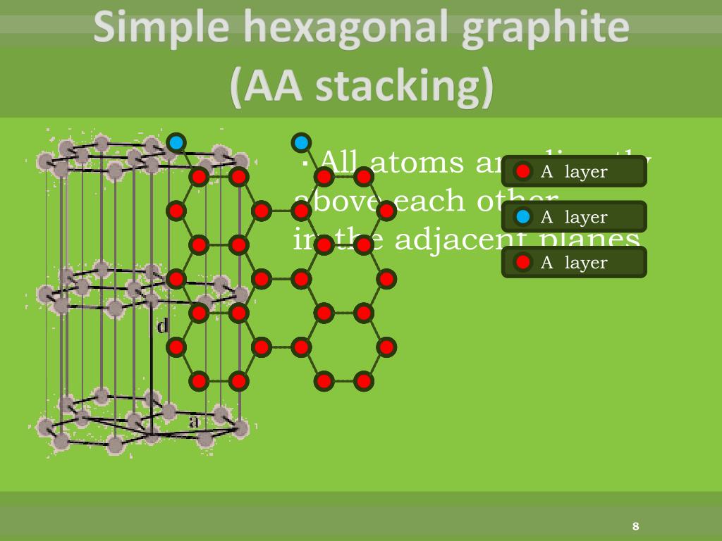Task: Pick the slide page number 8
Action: point(635,526)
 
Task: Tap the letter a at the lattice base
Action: point(195,421)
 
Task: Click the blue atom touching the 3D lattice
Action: point(176,143)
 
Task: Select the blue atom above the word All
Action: point(301,143)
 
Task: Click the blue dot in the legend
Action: point(522,217)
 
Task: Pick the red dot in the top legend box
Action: point(522,171)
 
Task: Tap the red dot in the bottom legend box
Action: point(522,262)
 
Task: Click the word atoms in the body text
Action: point(417,163)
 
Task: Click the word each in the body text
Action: point(422,201)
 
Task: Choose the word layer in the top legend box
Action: point(585,171)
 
